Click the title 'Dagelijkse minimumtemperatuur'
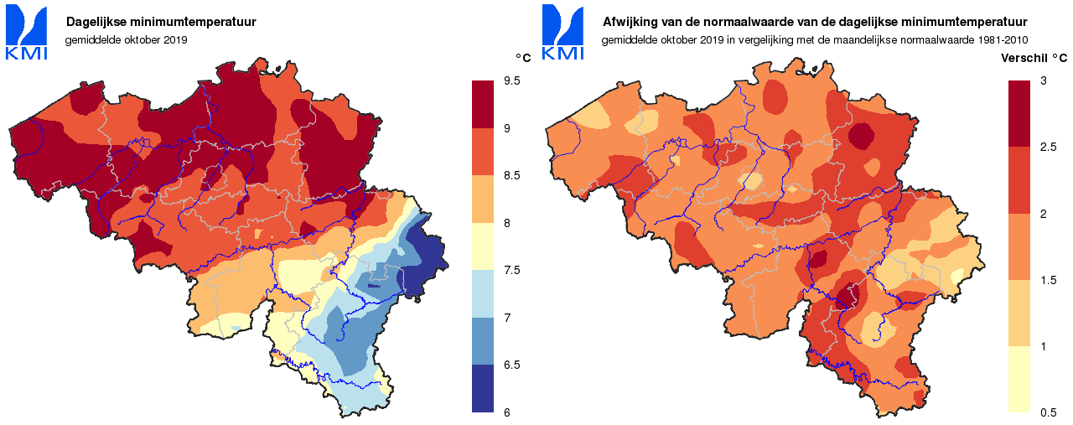(161, 22)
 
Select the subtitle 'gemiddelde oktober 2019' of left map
(126, 39)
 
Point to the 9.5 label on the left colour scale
(512, 80)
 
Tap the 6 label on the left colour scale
(506, 412)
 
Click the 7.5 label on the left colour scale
(512, 270)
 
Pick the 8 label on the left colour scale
(506, 223)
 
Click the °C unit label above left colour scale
(522, 58)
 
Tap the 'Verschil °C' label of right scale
(1034, 58)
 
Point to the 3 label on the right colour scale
(1043, 80)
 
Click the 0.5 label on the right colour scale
(1048, 412)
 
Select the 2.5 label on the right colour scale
(1048, 147)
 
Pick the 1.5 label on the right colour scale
(1048, 279)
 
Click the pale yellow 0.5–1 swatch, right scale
(1019, 379)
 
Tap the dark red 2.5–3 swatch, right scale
(1019, 113)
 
